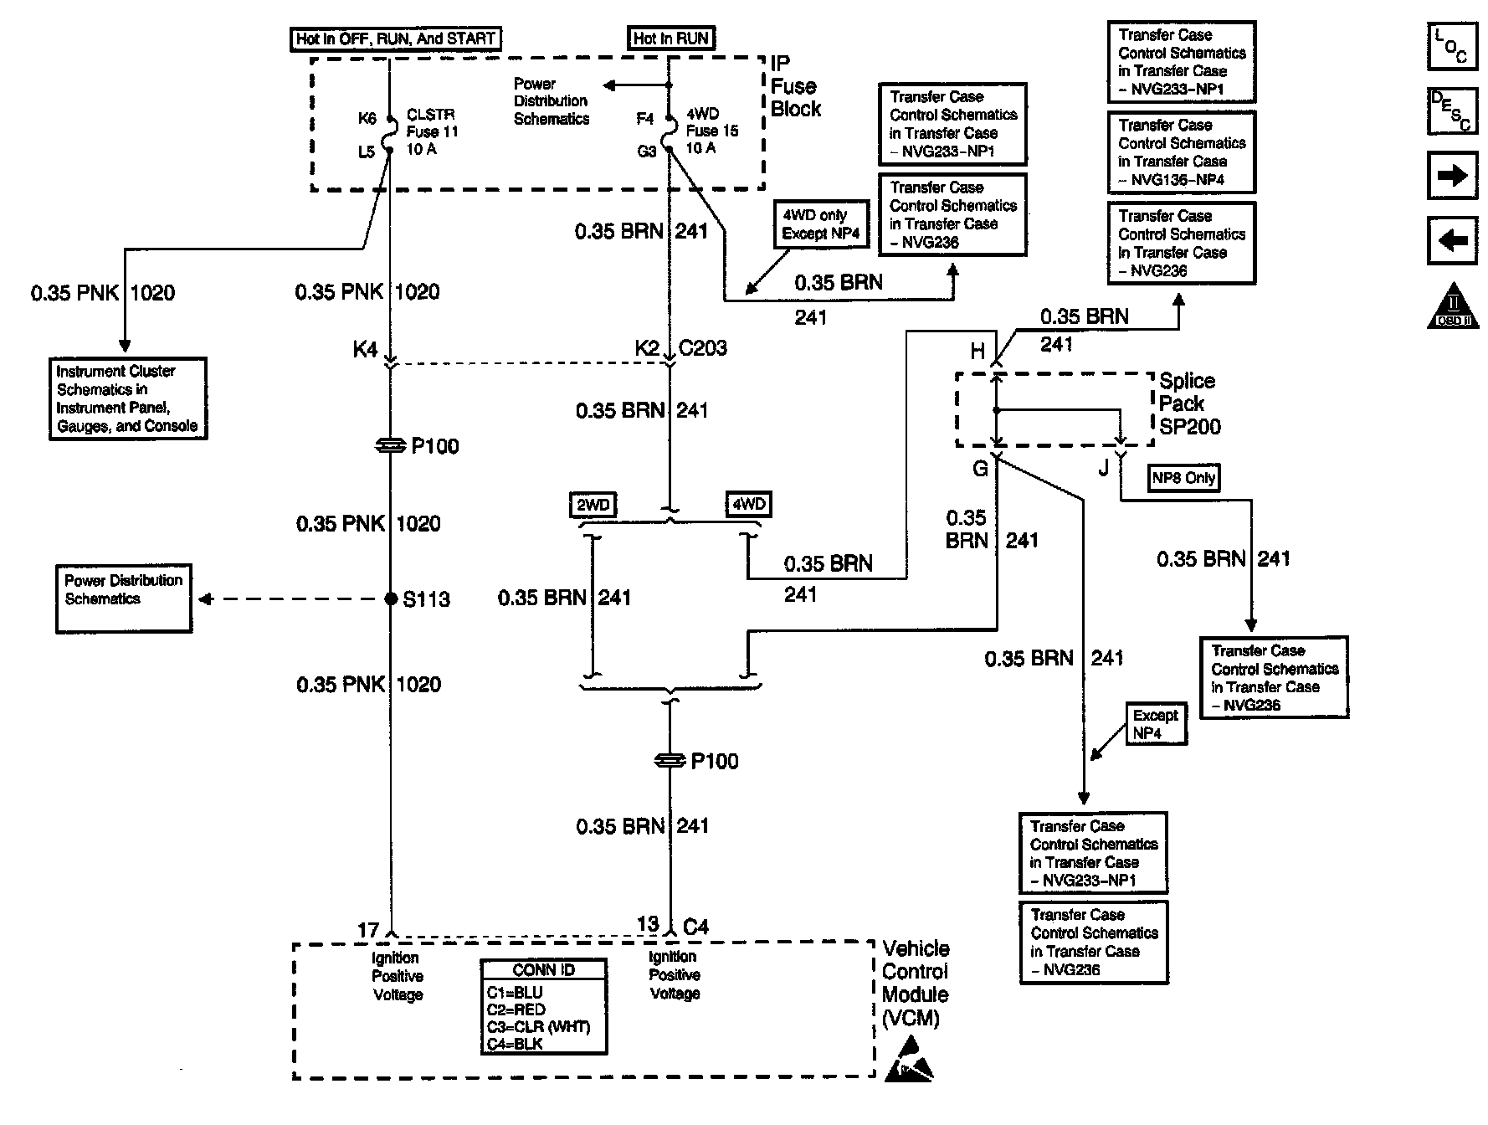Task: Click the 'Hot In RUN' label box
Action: (670, 39)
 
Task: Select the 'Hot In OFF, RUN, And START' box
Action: (396, 39)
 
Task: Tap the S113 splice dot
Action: (391, 598)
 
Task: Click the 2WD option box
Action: (593, 505)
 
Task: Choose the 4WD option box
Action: (748, 504)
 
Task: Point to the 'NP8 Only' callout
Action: (1183, 478)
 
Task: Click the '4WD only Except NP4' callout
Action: (820, 224)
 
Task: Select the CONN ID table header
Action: (543, 970)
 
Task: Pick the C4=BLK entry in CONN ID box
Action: (515, 1044)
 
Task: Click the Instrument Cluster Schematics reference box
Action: (127, 398)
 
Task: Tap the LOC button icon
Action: (1451, 45)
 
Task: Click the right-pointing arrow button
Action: (1451, 176)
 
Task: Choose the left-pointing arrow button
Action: (1451, 241)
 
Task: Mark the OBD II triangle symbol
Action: (1453, 307)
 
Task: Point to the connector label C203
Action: (703, 348)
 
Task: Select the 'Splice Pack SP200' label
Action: (1188, 403)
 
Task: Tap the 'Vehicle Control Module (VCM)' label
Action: (916, 983)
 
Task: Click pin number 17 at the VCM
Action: (368, 930)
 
